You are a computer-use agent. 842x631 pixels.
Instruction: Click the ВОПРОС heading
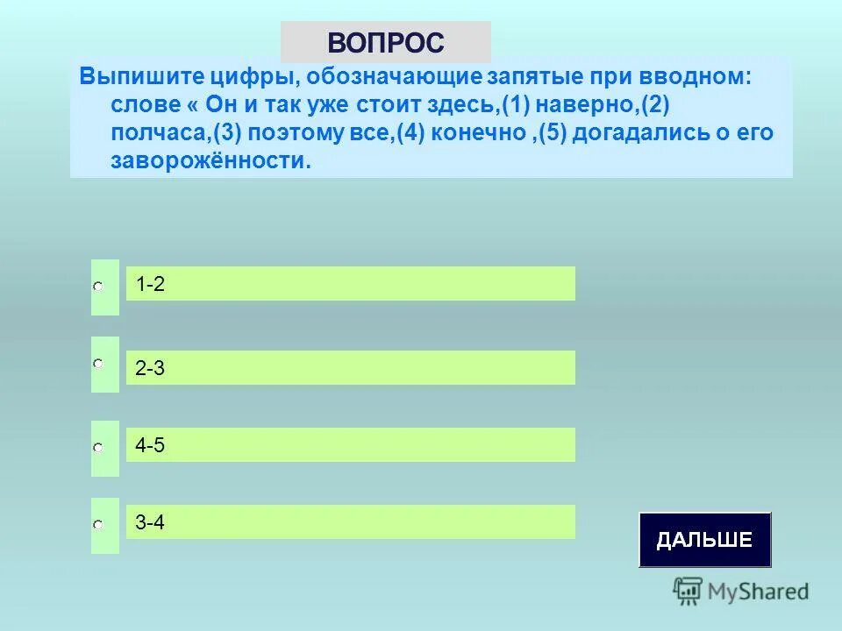tap(386, 42)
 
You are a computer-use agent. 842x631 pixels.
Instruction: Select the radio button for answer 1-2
tap(99, 287)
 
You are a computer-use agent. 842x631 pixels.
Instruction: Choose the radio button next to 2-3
tap(99, 363)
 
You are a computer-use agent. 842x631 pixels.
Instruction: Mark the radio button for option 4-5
tap(99, 448)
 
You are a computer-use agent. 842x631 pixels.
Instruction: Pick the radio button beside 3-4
tap(99, 525)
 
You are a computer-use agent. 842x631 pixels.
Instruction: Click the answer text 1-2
tap(151, 284)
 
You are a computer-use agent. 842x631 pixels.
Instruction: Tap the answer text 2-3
tap(151, 369)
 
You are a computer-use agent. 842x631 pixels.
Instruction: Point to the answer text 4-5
tap(151, 446)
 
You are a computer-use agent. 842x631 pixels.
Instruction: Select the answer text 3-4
tap(151, 523)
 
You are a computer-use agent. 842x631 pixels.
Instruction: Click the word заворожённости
tap(210, 161)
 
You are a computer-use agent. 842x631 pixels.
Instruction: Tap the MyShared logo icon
tap(688, 591)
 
